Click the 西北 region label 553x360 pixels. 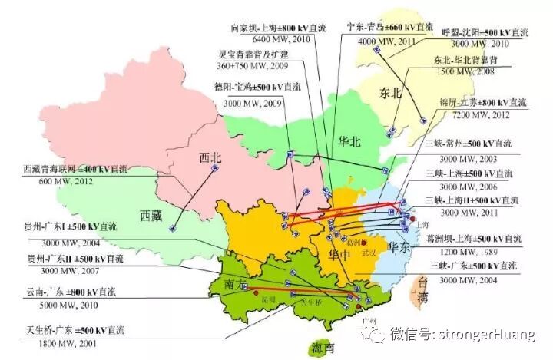pyautogui.click(x=210, y=158)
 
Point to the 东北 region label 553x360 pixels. pyautogui.click(x=391, y=94)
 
